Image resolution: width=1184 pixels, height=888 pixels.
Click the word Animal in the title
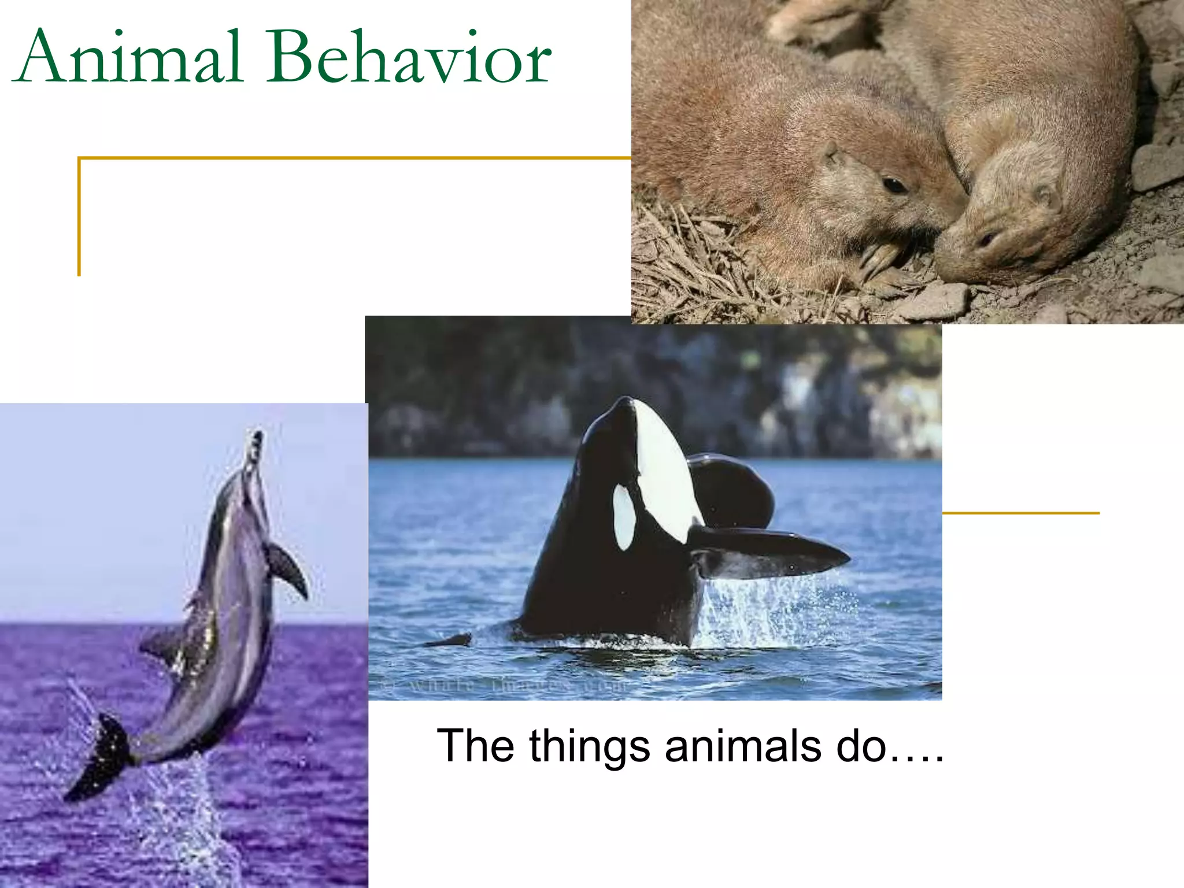(x=130, y=58)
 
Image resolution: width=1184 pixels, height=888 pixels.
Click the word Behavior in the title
(x=408, y=58)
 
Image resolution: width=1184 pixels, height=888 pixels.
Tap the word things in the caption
(x=589, y=746)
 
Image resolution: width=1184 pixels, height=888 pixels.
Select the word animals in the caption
(x=743, y=746)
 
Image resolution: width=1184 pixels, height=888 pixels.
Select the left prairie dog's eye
(x=894, y=185)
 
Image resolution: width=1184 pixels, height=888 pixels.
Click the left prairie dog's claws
(x=879, y=260)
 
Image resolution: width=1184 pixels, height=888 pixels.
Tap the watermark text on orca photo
(x=503, y=686)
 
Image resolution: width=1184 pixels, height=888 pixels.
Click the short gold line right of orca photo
(x=1020, y=513)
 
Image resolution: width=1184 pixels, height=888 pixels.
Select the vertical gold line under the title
(x=79, y=217)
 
